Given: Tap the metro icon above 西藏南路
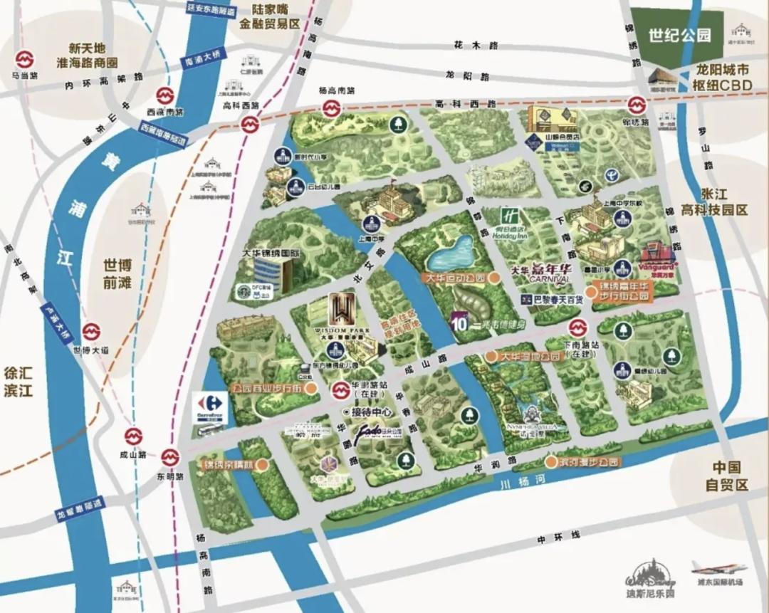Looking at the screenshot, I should point(164,94).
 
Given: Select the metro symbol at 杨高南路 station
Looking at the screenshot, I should point(330,109).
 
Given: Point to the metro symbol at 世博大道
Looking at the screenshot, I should point(90,332).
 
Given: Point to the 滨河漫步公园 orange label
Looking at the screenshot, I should point(583,461).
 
